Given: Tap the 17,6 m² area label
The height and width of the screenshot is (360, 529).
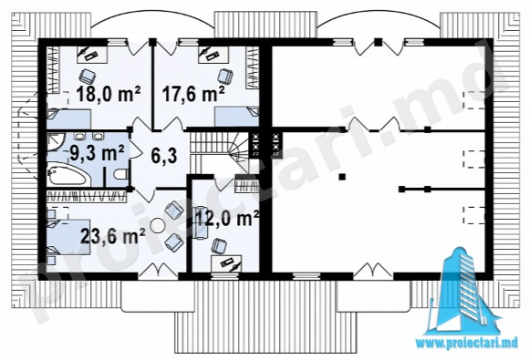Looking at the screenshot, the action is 193,93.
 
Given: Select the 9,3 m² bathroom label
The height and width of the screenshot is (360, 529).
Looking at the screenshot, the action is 97,153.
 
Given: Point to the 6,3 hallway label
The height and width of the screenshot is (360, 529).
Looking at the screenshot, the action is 164,156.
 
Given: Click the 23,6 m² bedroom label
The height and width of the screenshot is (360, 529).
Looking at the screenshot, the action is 113,235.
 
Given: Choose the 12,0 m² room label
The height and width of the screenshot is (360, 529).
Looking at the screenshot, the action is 227,218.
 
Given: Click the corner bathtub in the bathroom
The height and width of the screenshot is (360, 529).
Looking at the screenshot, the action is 67,174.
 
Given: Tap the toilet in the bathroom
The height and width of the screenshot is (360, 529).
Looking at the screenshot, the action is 121,174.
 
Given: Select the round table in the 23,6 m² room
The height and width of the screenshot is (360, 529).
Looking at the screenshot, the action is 157,225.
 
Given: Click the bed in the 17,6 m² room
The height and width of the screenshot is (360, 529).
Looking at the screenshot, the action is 236,117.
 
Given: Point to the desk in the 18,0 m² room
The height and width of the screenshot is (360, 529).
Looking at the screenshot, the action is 92,54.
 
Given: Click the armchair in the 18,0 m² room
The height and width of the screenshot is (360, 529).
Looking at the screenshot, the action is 88,77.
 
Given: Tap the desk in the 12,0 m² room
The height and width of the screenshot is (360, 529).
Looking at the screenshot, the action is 226,262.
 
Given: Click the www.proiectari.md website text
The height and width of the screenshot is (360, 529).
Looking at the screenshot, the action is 467,344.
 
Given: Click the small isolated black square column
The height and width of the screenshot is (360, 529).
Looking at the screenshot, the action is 342,176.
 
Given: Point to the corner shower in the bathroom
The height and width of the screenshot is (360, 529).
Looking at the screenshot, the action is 56,143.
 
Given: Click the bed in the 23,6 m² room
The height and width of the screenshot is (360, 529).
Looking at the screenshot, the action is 68,237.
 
